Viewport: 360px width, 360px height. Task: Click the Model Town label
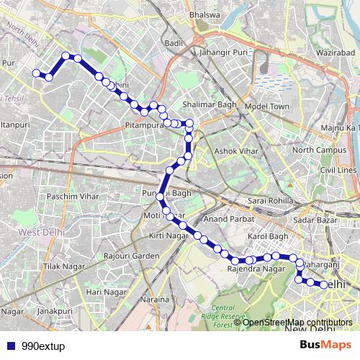coord(266,106)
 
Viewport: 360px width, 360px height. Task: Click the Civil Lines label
coord(338,169)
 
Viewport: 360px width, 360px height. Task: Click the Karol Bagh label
coord(267,236)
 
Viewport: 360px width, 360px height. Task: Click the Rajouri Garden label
coord(131,256)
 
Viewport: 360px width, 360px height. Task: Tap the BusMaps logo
coord(321,345)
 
